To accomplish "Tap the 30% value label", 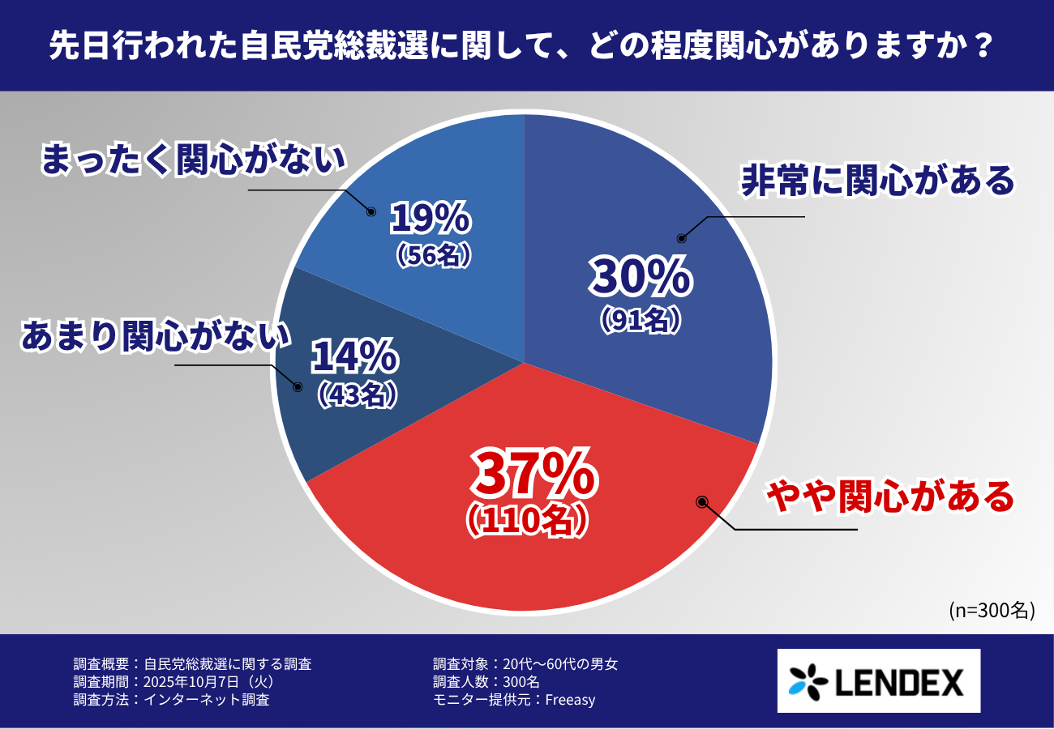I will click(x=641, y=277).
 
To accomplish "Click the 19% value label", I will click(x=430, y=218).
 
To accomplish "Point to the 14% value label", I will click(x=354, y=356).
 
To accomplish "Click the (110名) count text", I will click(x=526, y=521).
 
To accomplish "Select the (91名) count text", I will click(x=640, y=321).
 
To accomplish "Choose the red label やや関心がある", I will click(x=890, y=497).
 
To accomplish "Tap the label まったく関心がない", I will click(x=193, y=160).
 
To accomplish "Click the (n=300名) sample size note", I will click(x=992, y=610).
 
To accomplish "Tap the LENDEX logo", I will click(x=878, y=680).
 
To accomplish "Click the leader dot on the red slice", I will click(x=702, y=502).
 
